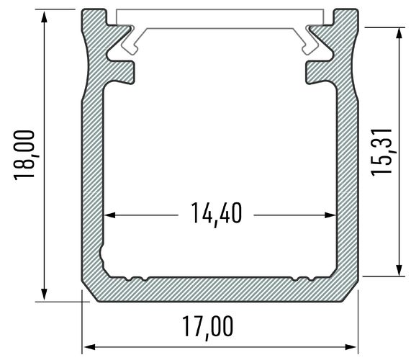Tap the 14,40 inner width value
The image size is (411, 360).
tap(217, 214)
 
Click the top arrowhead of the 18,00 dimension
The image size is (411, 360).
tap(45, 19)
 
